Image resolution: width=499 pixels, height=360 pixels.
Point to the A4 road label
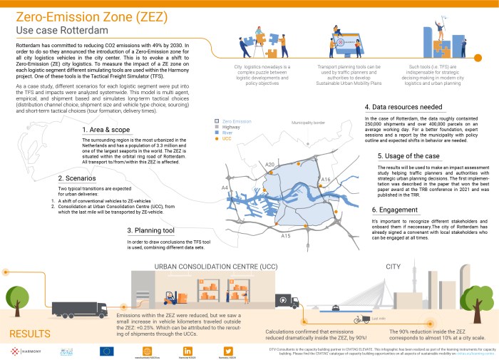tap(225, 187)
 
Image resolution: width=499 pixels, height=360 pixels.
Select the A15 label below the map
tap(286, 235)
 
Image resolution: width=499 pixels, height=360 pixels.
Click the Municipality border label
tap(308, 123)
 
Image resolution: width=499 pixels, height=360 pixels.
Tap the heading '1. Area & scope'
tap(106, 130)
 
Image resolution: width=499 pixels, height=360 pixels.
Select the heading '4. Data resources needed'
tap(403, 107)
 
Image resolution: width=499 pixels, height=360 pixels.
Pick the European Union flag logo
tap(107, 332)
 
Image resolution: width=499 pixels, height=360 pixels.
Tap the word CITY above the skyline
tap(394, 247)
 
